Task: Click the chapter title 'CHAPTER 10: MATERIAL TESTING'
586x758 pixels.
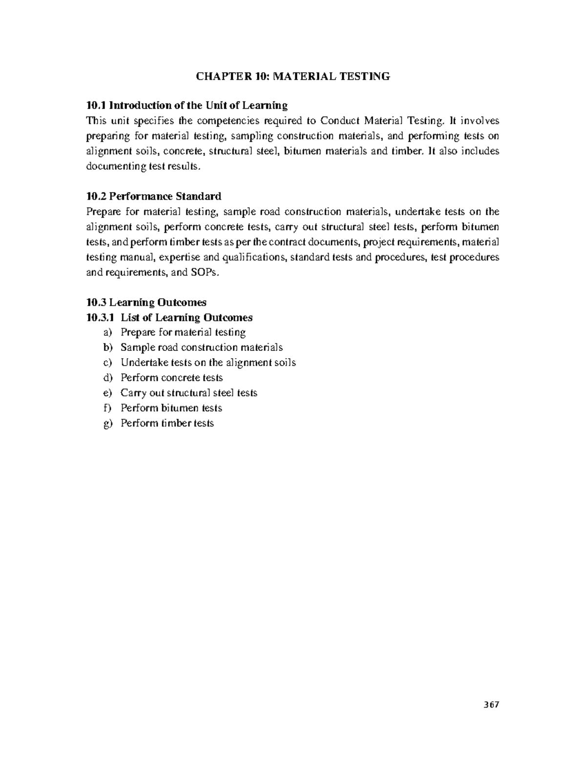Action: (293, 76)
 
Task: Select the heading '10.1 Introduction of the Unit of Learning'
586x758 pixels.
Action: (187, 105)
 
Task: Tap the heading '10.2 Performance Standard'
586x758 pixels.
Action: (153, 196)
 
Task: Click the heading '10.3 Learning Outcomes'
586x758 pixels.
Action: (146, 303)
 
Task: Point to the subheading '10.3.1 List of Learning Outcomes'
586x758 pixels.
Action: (169, 318)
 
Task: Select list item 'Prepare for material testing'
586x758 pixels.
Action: (183, 332)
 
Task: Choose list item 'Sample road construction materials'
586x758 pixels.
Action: (201, 348)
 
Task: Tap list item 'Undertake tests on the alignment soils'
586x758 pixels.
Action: (208, 363)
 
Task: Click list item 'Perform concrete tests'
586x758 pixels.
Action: (171, 378)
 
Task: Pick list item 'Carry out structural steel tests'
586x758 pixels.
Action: (188, 393)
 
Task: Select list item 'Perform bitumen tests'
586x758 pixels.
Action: (171, 408)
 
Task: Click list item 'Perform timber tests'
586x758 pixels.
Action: (167, 423)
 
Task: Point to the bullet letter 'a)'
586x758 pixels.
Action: (107, 332)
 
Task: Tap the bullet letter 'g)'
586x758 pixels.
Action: (107, 424)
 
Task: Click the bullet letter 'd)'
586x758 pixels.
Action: (107, 378)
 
